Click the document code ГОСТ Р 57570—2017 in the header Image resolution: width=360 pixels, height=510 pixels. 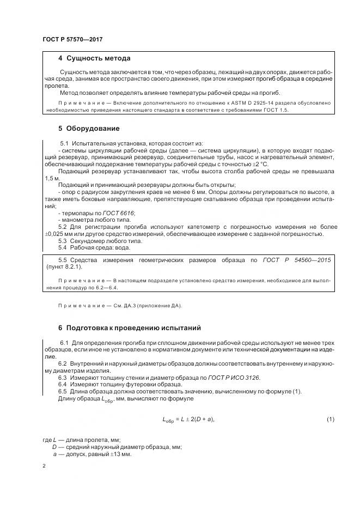(x=72, y=40)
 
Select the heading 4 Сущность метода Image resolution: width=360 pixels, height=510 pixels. (x=94, y=58)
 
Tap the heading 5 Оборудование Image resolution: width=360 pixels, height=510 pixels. (x=88, y=129)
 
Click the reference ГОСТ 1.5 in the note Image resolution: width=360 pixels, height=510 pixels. (x=277, y=110)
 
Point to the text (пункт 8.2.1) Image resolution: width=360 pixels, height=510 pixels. (x=64, y=267)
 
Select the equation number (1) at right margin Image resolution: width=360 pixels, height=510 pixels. (x=330, y=419)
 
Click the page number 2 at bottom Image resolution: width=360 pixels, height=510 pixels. (x=44, y=466)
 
